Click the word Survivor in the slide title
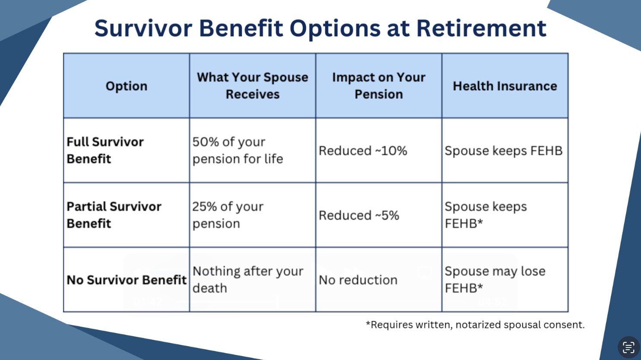tap(143, 28)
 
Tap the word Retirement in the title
tap(481, 28)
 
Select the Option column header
tap(127, 86)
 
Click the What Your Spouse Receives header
tap(252, 85)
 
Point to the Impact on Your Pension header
tap(378, 85)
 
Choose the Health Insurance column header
tap(505, 86)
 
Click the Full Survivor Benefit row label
tap(105, 150)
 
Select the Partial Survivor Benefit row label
tap(114, 215)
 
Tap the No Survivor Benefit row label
tap(127, 280)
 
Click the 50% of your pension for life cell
tap(238, 150)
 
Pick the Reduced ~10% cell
tap(363, 151)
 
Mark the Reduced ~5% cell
tap(359, 215)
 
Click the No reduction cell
tap(358, 280)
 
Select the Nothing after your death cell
tap(248, 279)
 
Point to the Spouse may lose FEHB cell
tap(495, 279)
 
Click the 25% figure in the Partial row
tap(204, 206)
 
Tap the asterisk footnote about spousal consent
tap(475, 325)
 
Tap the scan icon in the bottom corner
tap(628, 347)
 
